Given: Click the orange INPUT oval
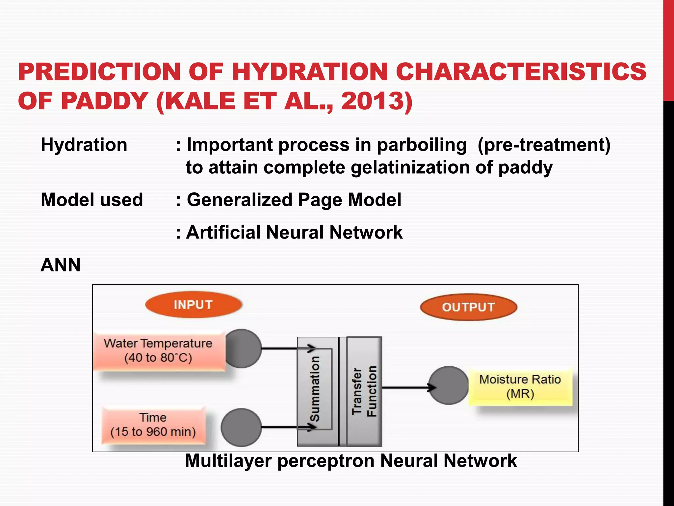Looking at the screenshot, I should pyautogui.click(x=194, y=305).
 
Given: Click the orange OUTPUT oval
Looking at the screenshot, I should pyautogui.click(x=468, y=307).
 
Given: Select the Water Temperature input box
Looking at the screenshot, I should pyautogui.click(x=159, y=351).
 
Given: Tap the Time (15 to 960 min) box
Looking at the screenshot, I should pyautogui.click(x=153, y=425).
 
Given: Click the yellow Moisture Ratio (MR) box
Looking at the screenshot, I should pyautogui.click(x=520, y=387).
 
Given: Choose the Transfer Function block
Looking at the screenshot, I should pyautogui.click(x=364, y=391).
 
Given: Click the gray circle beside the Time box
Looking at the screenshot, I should pyautogui.click(x=241, y=427).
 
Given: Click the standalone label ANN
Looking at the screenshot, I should pyautogui.click(x=61, y=265).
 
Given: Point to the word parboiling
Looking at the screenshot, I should pyautogui.click(x=422, y=145).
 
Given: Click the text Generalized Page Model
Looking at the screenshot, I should pyautogui.click(x=294, y=200).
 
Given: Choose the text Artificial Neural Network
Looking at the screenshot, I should pyautogui.click(x=294, y=233).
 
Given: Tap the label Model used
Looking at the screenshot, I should pyautogui.click(x=92, y=200).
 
